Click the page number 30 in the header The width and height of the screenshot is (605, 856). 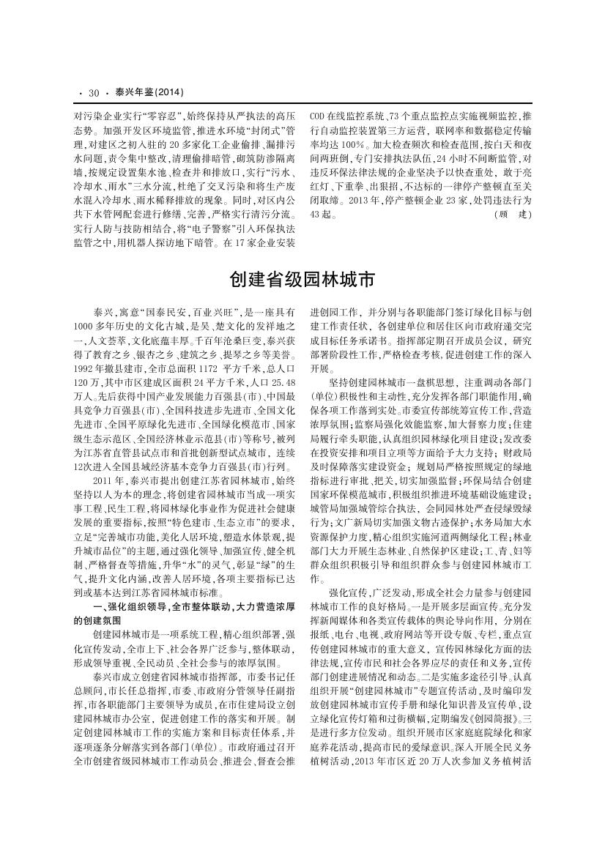click(x=93, y=93)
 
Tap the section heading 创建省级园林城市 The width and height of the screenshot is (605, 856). click(x=302, y=280)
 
